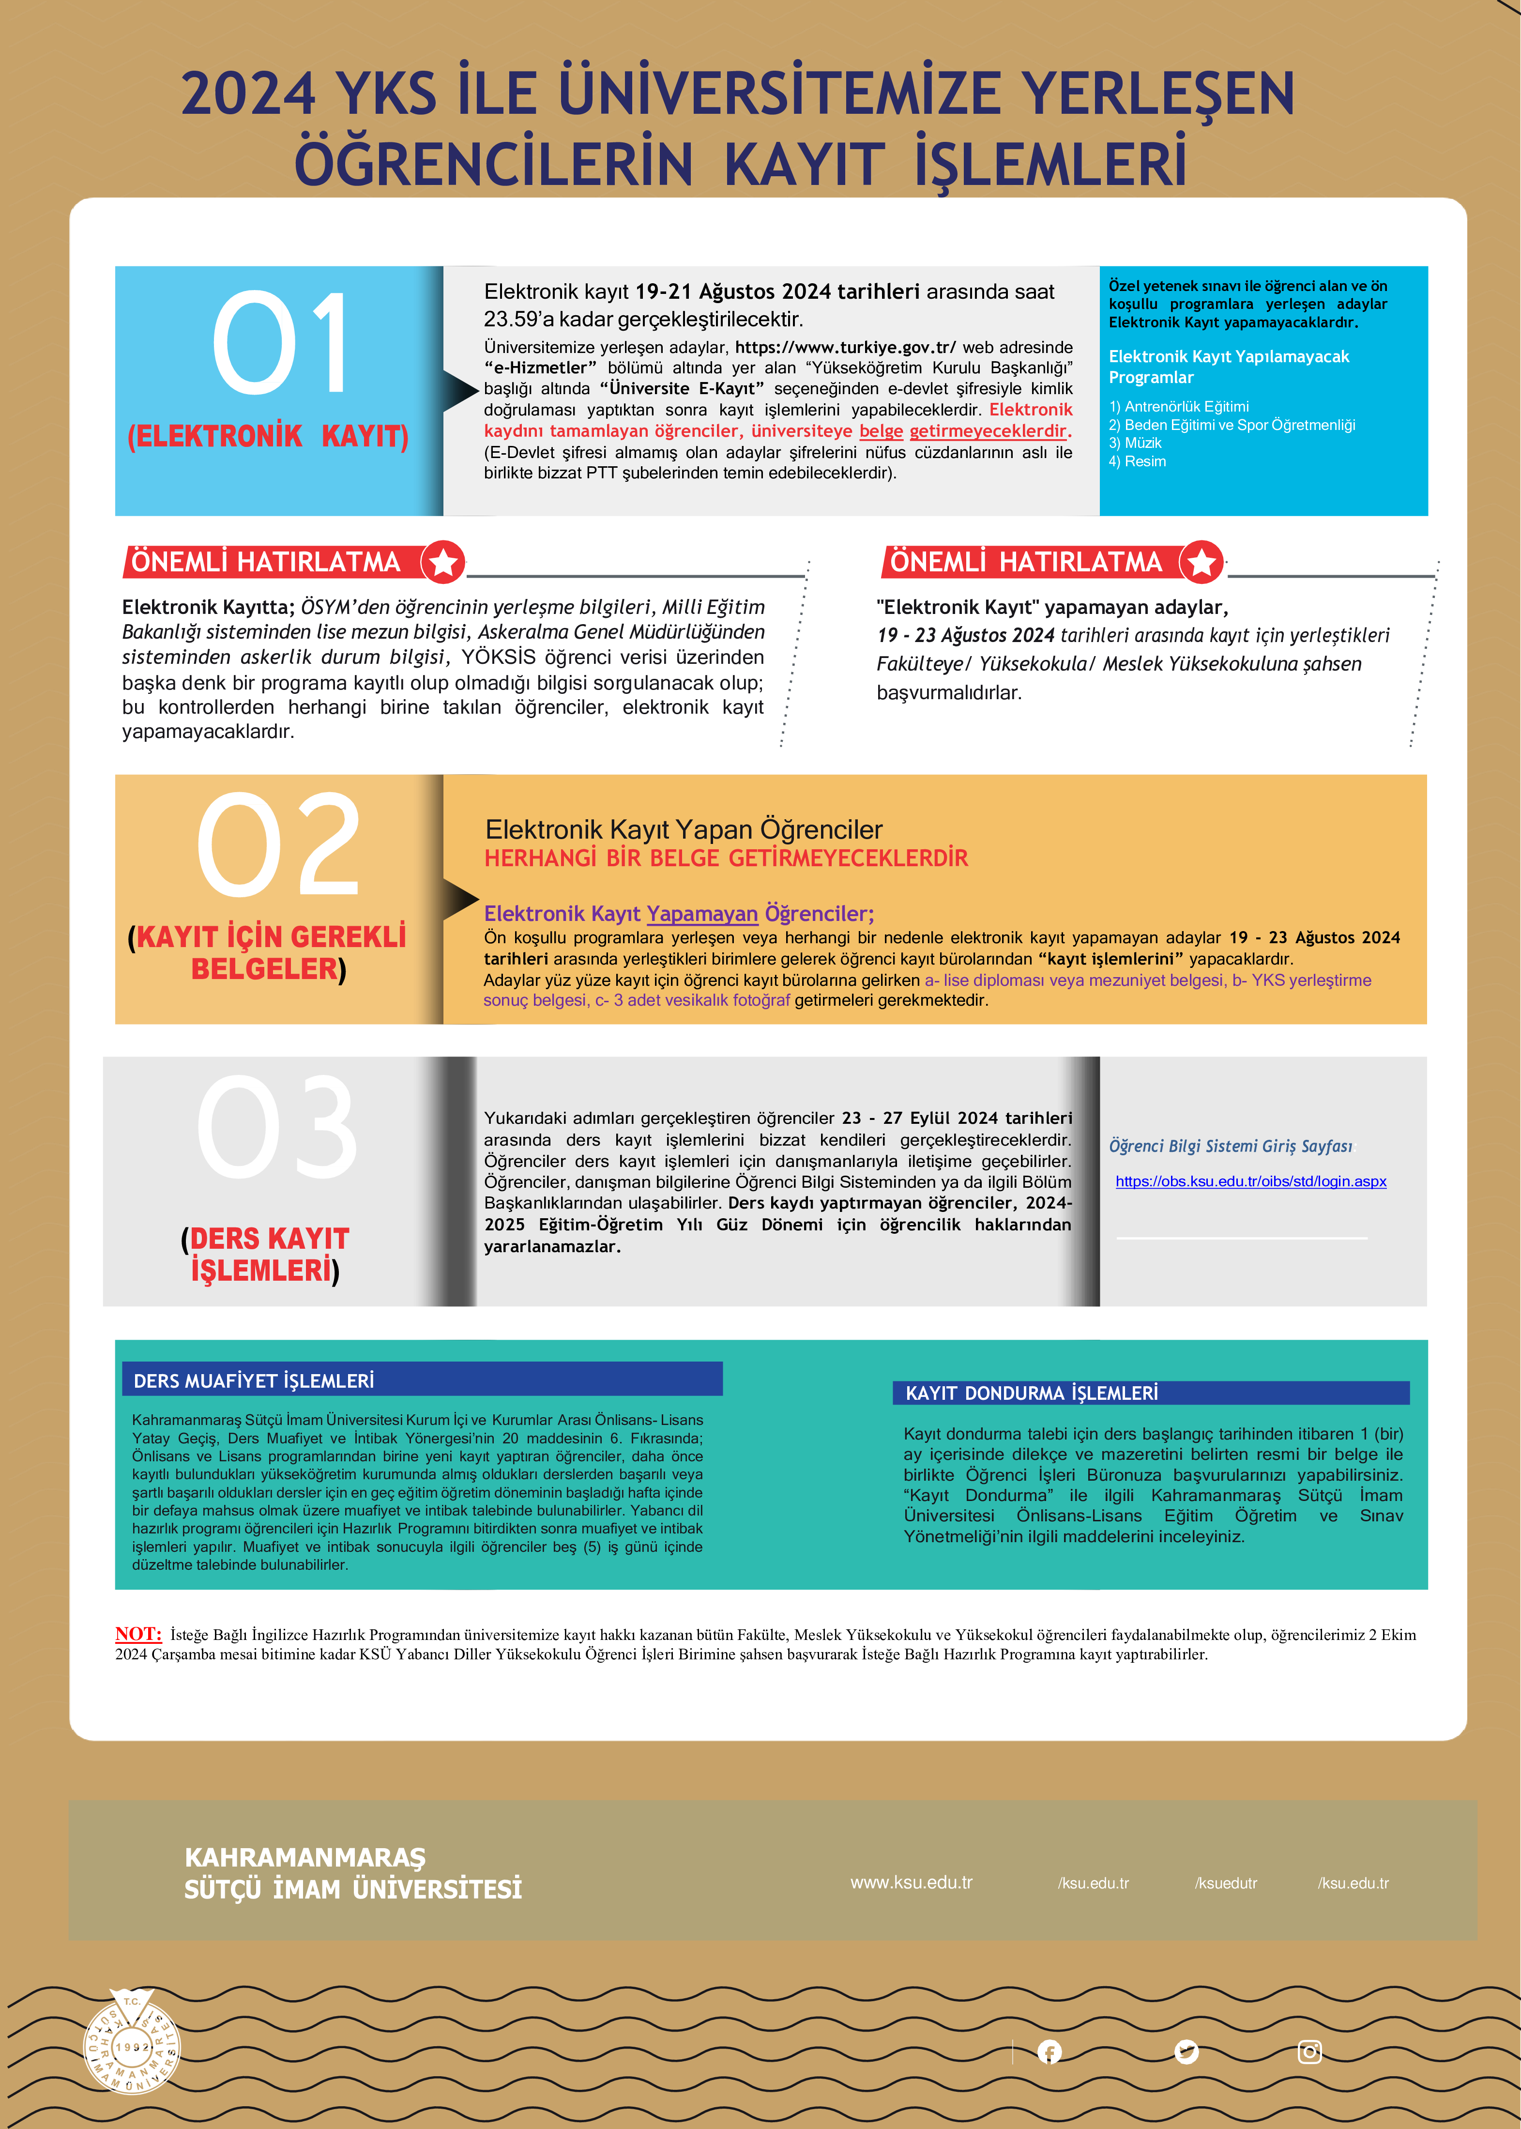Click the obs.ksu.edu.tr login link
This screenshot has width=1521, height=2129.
point(1250,1181)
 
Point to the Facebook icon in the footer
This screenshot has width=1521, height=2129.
point(1050,2052)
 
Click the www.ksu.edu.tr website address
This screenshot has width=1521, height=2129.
point(911,1882)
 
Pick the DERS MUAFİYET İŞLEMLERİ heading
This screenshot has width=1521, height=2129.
point(254,1380)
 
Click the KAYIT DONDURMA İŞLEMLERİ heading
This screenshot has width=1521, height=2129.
point(1031,1393)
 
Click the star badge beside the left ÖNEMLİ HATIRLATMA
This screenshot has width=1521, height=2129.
point(443,562)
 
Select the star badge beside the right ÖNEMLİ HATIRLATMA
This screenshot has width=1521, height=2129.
point(1202,562)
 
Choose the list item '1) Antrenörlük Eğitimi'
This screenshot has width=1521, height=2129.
point(1178,407)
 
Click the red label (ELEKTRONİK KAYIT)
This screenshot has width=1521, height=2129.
point(268,436)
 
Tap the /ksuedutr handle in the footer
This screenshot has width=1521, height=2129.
point(1225,1883)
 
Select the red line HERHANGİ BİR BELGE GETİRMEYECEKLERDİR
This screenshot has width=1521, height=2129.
point(726,858)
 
